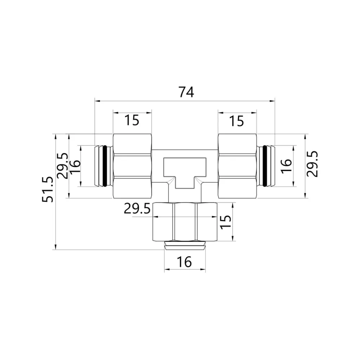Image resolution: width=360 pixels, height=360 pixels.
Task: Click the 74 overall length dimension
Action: pyautogui.click(x=186, y=93)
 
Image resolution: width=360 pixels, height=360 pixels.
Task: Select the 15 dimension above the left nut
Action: pyautogui.click(x=132, y=120)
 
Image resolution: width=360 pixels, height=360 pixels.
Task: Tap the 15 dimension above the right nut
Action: pyautogui.click(x=237, y=121)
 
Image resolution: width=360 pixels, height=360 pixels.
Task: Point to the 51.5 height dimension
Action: pyautogui.click(x=48, y=190)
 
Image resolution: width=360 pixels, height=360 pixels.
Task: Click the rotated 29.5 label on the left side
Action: pyautogui.click(x=63, y=166)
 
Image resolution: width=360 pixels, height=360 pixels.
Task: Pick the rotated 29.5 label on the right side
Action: pyautogui.click(x=312, y=164)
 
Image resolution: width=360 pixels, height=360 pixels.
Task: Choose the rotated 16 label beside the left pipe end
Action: pyautogui.click(x=75, y=167)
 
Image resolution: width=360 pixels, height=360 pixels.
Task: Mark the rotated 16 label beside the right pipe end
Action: pyautogui.click(x=286, y=166)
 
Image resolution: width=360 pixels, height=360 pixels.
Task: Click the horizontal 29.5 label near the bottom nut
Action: pyautogui.click(x=137, y=209)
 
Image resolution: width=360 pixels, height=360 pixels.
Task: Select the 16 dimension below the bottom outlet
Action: pyautogui.click(x=184, y=262)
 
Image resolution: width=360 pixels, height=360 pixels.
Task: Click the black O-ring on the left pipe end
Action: pyautogui.click(x=104, y=166)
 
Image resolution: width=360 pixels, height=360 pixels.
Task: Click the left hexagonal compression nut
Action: pyautogui.click(x=132, y=166)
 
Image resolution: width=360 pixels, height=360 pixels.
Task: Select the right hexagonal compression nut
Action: pyautogui.click(x=237, y=166)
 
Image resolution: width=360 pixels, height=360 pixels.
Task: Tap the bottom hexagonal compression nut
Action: pyautogui.click(x=185, y=222)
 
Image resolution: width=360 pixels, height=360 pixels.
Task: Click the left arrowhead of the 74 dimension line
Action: pyautogui.click(x=96, y=101)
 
